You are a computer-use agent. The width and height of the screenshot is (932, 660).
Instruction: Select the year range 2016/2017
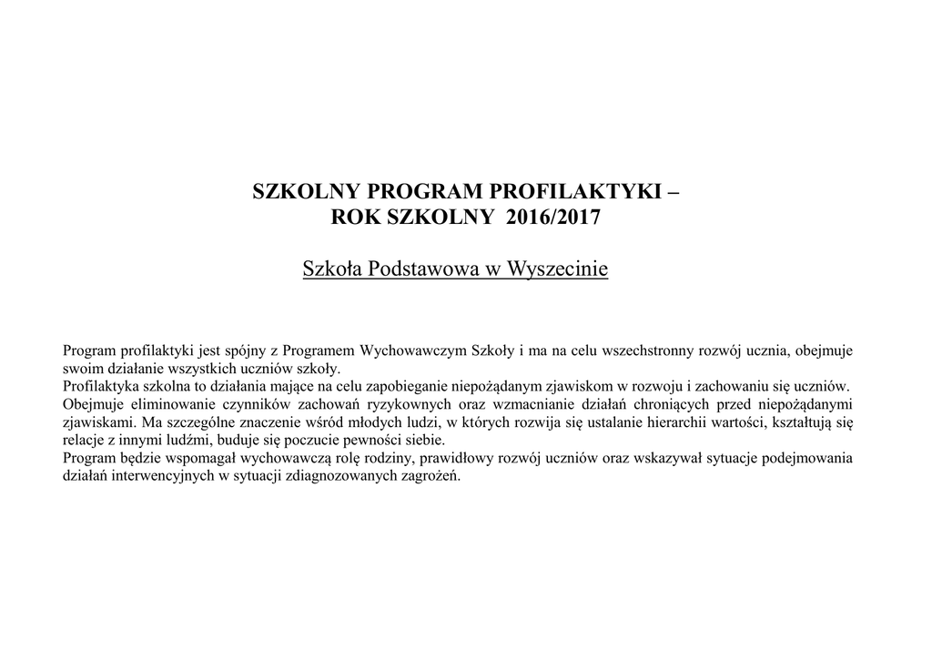click(x=553, y=218)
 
